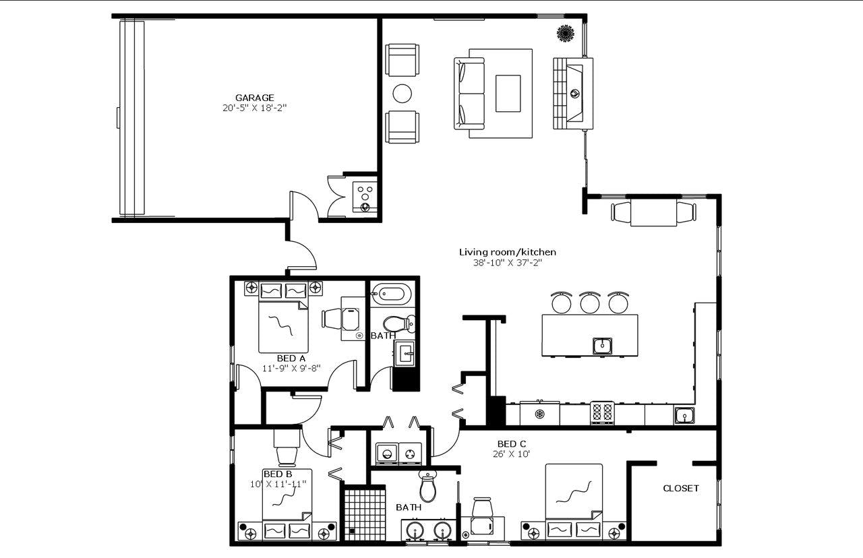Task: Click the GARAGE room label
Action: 254,98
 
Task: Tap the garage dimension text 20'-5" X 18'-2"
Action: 254,108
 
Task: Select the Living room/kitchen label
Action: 508,252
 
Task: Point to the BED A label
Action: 291,358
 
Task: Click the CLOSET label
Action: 681,488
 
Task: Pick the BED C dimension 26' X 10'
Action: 512,454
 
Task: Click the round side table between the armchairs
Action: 403,93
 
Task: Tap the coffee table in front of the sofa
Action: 508,93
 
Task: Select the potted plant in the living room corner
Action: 565,32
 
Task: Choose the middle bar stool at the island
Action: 590,303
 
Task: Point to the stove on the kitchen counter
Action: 602,412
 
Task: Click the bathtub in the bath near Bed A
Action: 391,294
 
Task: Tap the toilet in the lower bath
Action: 428,485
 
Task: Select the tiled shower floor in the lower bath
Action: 364,514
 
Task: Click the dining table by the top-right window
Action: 653,212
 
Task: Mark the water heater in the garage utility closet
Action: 365,195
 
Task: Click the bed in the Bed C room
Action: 574,499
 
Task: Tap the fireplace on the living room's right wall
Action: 573,93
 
